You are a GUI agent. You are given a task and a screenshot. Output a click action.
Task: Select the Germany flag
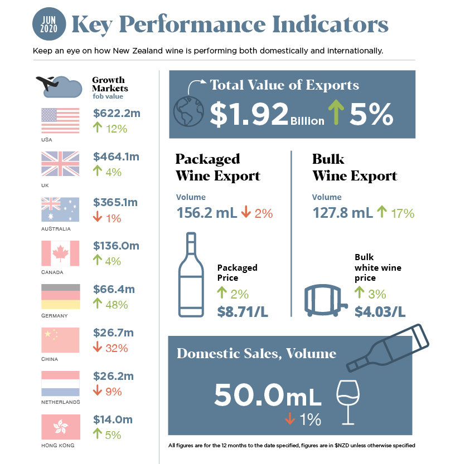(60, 296)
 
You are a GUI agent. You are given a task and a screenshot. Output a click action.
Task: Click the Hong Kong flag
(60, 427)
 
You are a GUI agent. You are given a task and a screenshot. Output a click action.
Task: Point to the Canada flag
(60, 253)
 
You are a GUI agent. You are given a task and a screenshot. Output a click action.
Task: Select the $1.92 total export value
(249, 113)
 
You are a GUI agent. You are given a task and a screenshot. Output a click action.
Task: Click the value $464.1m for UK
(116, 157)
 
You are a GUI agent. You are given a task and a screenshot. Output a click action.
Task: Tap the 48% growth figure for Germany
(117, 305)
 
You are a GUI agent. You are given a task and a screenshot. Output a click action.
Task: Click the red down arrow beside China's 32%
(98, 348)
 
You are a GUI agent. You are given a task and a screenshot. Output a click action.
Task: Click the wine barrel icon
(325, 301)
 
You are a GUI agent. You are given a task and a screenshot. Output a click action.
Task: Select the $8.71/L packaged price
(243, 311)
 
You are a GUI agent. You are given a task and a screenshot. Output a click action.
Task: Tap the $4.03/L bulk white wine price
(380, 311)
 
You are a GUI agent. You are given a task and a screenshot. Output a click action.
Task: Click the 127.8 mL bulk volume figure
(342, 212)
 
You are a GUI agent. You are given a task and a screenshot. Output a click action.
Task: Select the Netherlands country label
(60, 402)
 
